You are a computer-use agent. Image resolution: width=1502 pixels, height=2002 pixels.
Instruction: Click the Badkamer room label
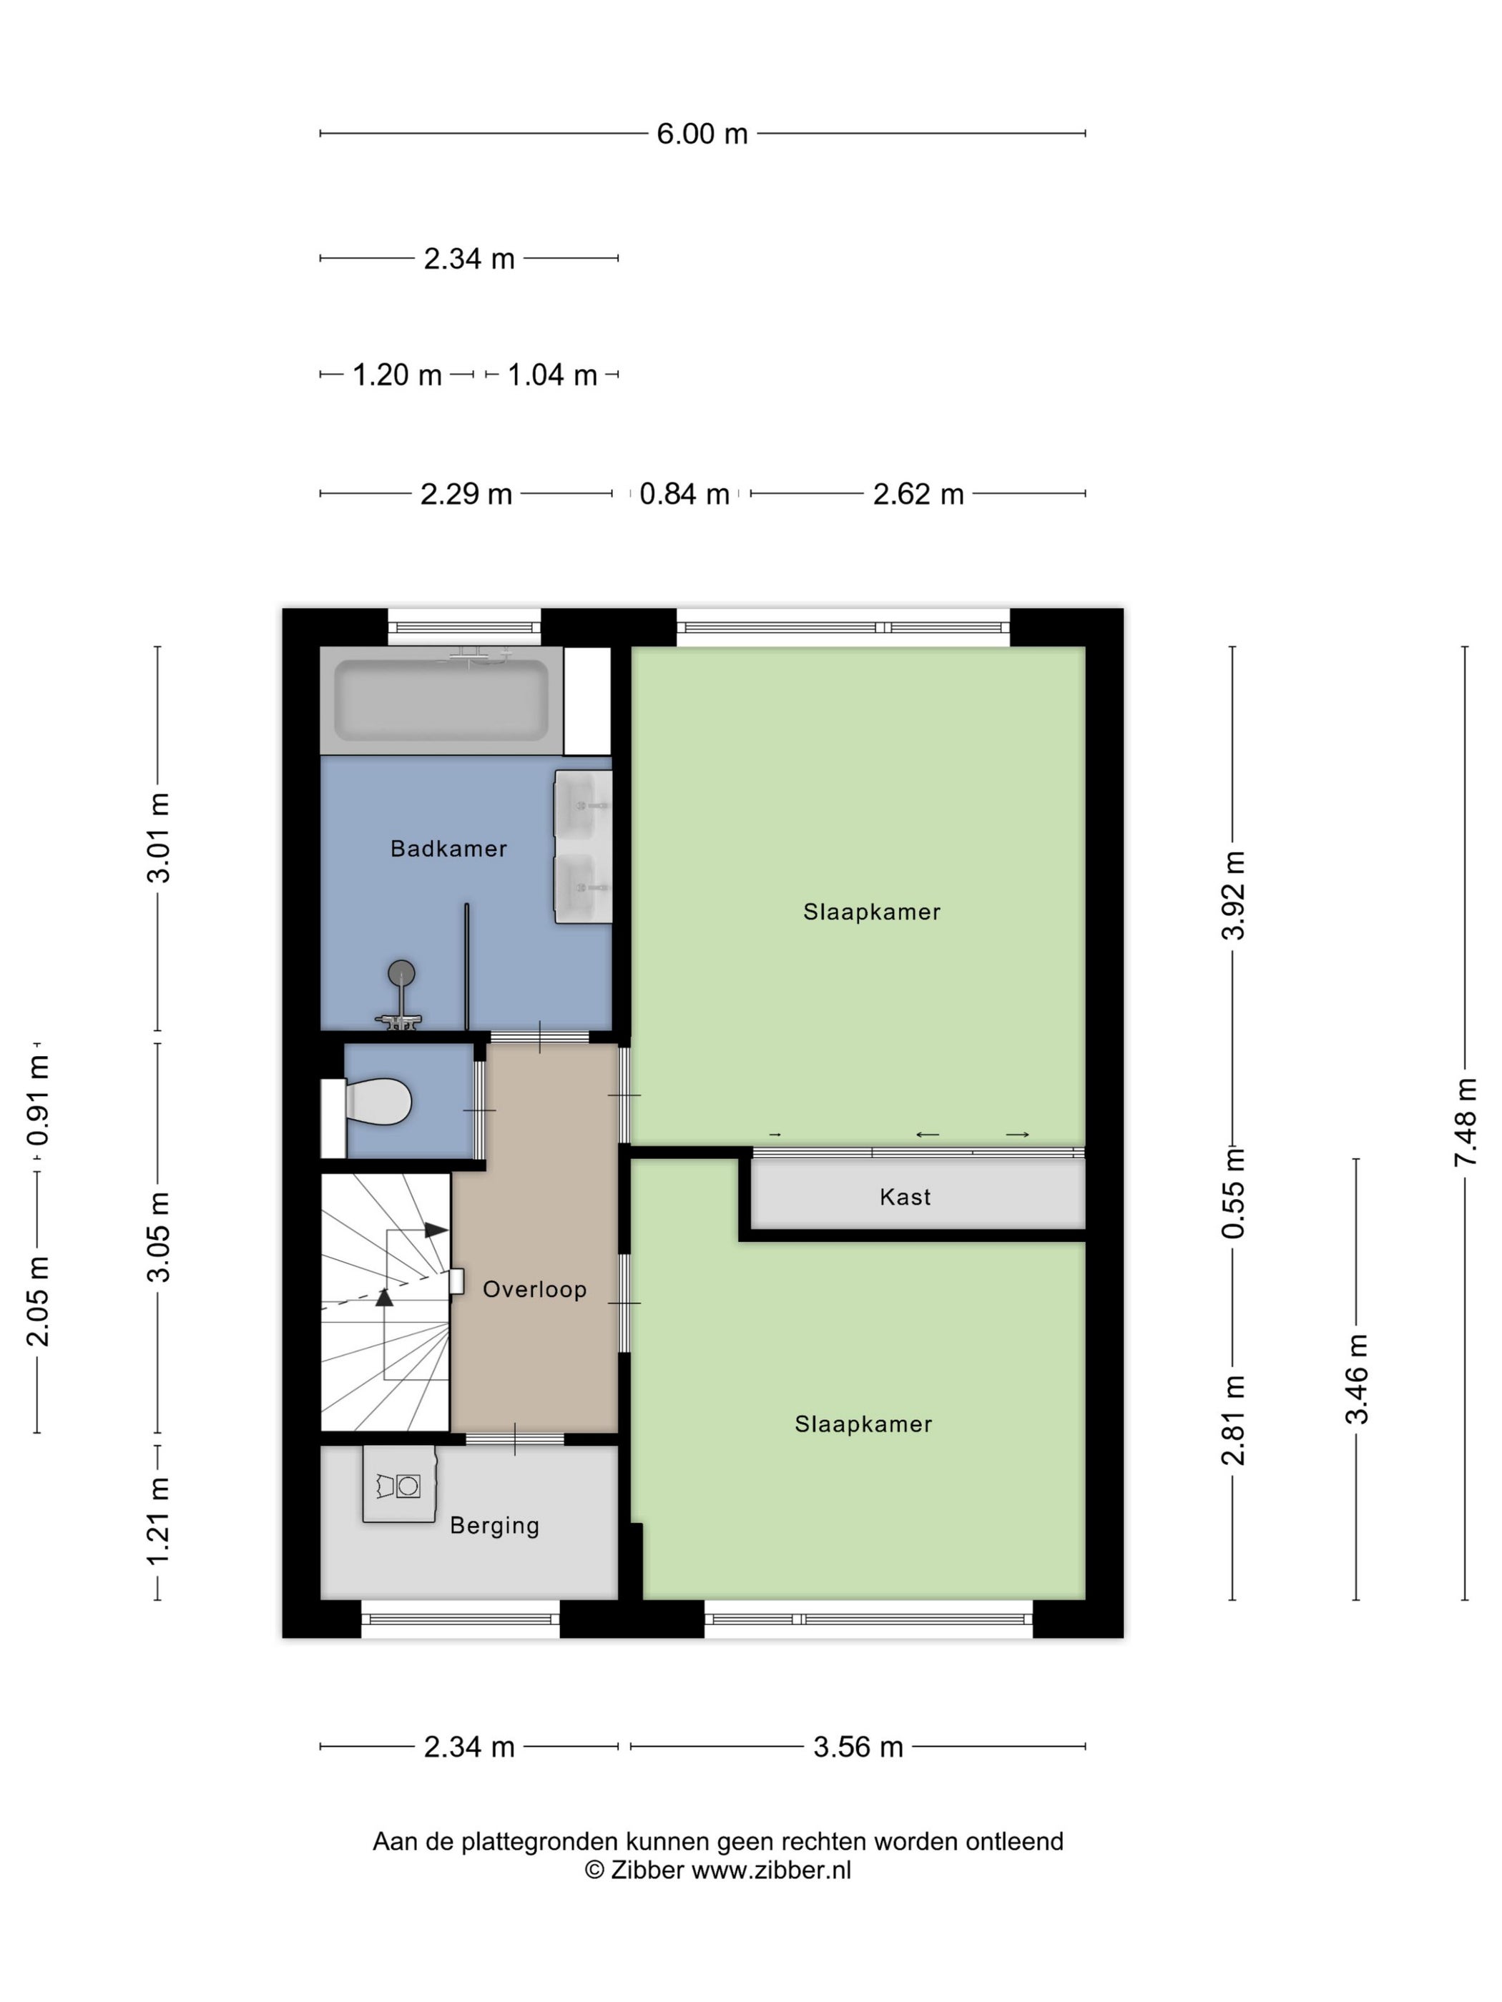pos(448,848)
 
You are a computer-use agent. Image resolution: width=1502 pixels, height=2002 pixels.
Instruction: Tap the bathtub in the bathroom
pos(441,701)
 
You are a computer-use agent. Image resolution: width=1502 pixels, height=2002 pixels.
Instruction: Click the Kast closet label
pos(905,1196)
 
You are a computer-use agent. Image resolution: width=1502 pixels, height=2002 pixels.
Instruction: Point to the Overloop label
pos(534,1289)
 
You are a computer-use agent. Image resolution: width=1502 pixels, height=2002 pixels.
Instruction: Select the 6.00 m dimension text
pos(702,134)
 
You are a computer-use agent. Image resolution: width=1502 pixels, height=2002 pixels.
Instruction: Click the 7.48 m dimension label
pos(1465,1121)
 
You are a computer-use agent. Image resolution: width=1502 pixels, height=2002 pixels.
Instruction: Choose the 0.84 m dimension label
pos(684,494)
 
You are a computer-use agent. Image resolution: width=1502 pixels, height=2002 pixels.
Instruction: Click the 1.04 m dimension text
pos(551,375)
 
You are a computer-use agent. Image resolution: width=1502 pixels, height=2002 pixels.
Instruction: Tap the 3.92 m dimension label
pos(1233,895)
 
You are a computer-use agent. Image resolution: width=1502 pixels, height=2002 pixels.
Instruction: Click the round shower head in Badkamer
pos(401,973)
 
